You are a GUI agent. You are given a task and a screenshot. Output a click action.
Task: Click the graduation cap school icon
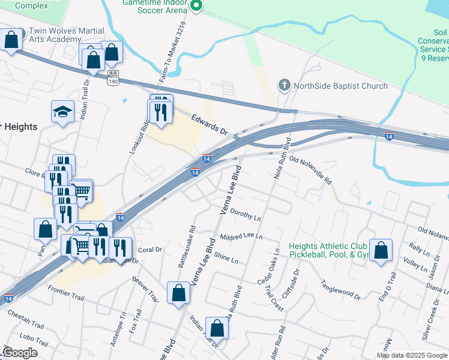62,112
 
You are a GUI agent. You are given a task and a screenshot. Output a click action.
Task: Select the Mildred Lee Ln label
241,237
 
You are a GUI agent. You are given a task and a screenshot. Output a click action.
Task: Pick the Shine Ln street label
226,258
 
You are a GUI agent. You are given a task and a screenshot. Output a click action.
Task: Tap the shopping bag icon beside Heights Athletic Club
381,250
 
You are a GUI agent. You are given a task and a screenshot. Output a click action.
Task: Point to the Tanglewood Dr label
340,289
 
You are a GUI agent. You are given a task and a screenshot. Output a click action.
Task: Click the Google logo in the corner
20,352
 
